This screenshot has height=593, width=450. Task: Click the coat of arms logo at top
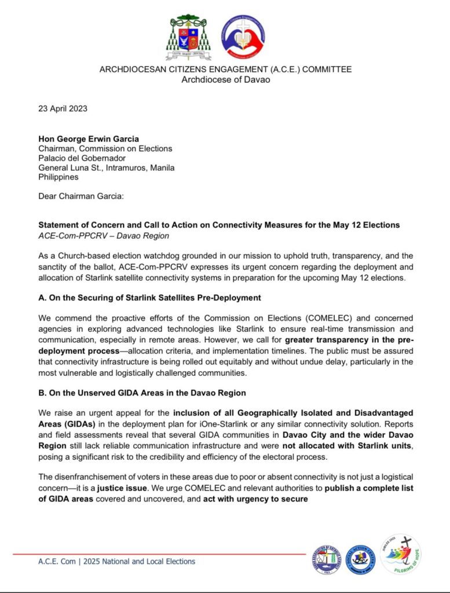[x=189, y=38]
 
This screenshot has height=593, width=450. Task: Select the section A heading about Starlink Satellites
[x=149, y=298]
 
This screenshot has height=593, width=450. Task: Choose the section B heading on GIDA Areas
[x=142, y=393]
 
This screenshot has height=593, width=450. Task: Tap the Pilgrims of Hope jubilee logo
[x=400, y=554]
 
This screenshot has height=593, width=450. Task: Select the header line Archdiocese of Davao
[x=225, y=79]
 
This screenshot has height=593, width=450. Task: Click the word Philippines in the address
[x=58, y=177]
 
